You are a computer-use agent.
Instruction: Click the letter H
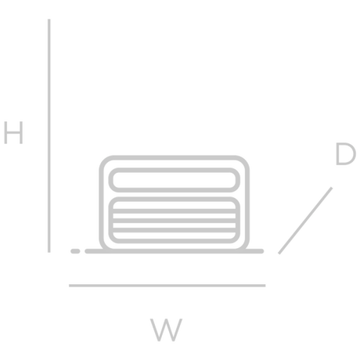coord(13,133)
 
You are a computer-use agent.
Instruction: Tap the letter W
coord(166,329)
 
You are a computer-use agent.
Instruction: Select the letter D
coord(346,154)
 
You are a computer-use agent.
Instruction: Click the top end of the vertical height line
coord(49,20)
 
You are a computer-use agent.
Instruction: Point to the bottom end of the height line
coord(49,252)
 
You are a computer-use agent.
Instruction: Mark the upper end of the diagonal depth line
coord(332,188)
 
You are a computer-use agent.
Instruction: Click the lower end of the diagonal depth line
coord(279,253)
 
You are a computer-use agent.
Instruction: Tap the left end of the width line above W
coord(70,286)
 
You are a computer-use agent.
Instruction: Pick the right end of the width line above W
coord(265,286)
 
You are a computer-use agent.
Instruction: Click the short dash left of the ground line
coord(75,251)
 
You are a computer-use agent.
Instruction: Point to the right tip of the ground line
coord(262,251)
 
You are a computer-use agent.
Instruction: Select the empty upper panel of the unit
coord(175,180)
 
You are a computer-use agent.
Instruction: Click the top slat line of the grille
coord(175,211)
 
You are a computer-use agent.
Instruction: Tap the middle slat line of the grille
coord(175,221)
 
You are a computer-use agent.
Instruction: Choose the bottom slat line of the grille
coord(175,230)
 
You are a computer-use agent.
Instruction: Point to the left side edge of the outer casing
coord(101,203)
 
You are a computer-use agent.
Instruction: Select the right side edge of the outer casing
coord(247,203)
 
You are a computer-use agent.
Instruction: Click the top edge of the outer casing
coord(175,157)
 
